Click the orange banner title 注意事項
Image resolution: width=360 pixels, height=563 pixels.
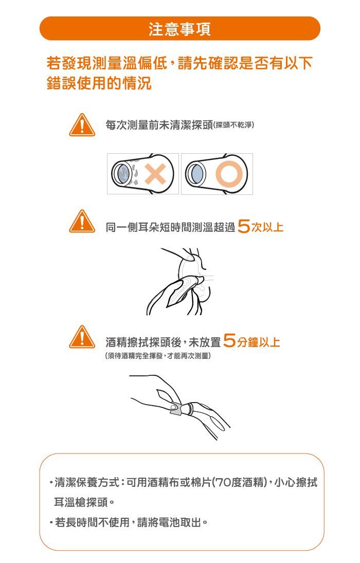tap(179, 29)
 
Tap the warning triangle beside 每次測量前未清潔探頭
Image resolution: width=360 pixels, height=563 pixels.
tap(82, 125)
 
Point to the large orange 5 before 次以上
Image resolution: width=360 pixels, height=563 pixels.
tap(245, 226)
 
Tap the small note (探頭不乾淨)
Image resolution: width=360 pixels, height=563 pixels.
tap(234, 125)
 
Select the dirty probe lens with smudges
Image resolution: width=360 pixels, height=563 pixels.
tap(123, 173)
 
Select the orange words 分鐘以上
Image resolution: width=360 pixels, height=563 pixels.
tap(258, 341)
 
